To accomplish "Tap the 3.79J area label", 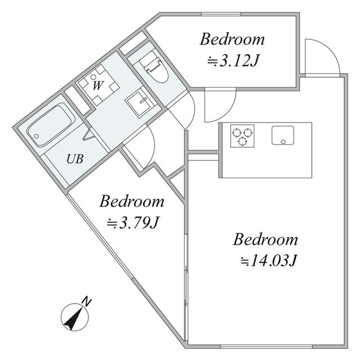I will tap(134, 223).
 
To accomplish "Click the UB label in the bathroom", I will tap(75, 159).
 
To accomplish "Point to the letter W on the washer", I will tap(97, 85).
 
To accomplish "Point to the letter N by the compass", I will tap(85, 301).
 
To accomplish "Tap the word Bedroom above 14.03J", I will tap(265, 240).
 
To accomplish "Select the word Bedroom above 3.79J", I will tap(132, 201).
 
